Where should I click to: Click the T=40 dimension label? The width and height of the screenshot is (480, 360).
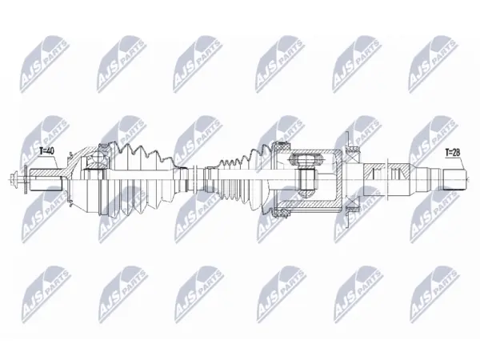coord(47,150)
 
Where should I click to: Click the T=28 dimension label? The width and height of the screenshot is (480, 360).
coord(453,152)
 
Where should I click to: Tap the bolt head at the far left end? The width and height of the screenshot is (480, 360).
coord(12,179)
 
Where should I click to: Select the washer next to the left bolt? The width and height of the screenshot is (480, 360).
coord(26,179)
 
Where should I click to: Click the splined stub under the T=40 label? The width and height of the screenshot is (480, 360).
coord(46,180)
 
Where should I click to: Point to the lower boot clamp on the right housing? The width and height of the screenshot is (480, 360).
coord(282,214)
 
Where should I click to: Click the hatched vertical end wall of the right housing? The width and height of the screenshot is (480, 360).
coord(339,180)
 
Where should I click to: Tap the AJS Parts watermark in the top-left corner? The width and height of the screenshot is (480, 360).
coord(45,64)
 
